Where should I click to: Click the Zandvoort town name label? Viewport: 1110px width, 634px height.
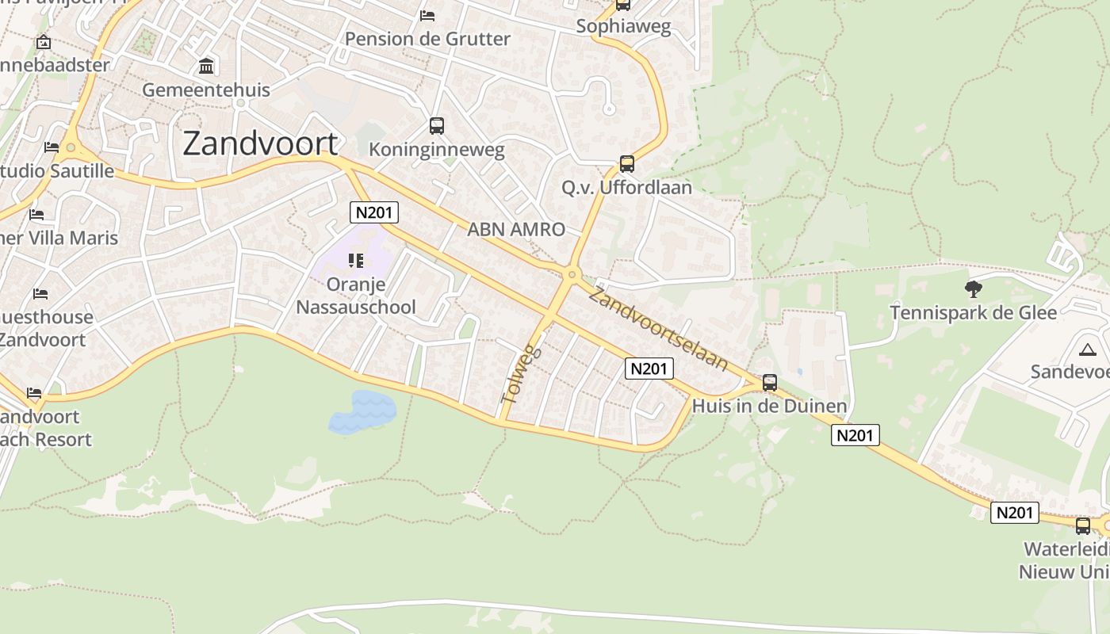pyautogui.click(x=260, y=143)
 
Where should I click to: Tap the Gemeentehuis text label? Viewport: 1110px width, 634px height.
pyautogui.click(x=206, y=90)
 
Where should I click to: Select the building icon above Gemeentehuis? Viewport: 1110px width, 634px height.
pyautogui.click(x=206, y=66)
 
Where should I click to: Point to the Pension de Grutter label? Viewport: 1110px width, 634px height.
pyautogui.click(x=427, y=39)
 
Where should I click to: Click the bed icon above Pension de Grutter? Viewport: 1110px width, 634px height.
pyautogui.click(x=427, y=16)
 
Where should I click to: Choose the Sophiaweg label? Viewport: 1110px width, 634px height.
pyautogui.click(x=623, y=26)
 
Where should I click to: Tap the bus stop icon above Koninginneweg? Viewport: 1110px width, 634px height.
pyautogui.click(x=436, y=125)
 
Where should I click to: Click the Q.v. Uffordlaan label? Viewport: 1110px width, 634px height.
pyautogui.click(x=626, y=188)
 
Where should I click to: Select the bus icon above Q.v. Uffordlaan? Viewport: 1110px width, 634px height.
pyautogui.click(x=626, y=164)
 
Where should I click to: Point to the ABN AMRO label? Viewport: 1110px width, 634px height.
pyautogui.click(x=516, y=230)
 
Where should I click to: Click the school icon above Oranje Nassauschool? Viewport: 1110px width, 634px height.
pyautogui.click(x=356, y=260)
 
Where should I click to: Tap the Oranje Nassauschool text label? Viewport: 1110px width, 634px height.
pyautogui.click(x=356, y=296)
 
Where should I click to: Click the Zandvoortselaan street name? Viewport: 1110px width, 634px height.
pyautogui.click(x=658, y=330)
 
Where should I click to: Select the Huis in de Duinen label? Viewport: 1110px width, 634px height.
pyautogui.click(x=769, y=407)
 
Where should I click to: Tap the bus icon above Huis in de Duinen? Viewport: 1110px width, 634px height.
pyautogui.click(x=769, y=383)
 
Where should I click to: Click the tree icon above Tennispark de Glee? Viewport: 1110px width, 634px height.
pyautogui.click(x=973, y=288)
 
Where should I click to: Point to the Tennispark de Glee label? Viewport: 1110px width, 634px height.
pyautogui.click(x=973, y=313)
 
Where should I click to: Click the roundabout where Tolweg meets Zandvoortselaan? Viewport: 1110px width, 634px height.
pyautogui.click(x=571, y=275)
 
